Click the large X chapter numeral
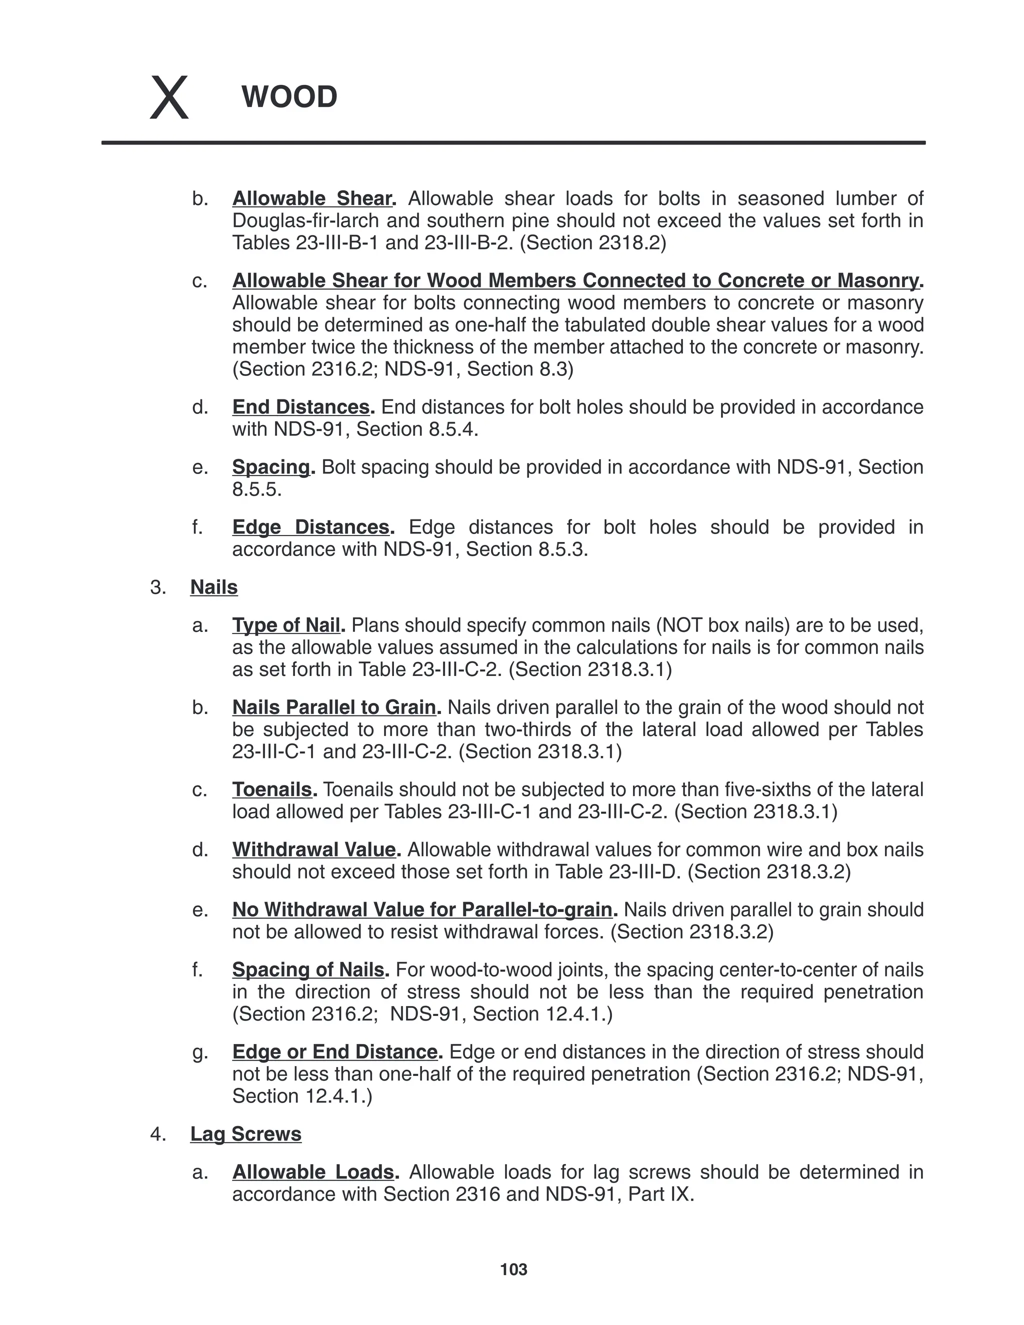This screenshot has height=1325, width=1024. coord(169,97)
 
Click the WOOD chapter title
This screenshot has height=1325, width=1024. coord(289,97)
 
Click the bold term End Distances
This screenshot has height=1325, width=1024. coord(301,406)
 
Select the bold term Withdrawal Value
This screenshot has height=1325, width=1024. coord(313,849)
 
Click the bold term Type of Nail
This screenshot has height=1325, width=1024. coord(285,625)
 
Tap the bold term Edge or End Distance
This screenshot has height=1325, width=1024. coord(335,1051)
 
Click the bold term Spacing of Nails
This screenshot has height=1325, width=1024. coord(308,969)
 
